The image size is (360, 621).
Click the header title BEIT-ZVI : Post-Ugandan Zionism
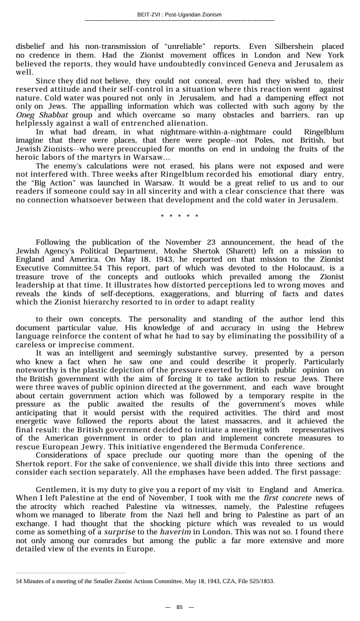click(179, 15)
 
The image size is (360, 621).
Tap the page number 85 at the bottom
click(179, 607)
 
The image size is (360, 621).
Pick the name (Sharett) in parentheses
click(216, 251)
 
